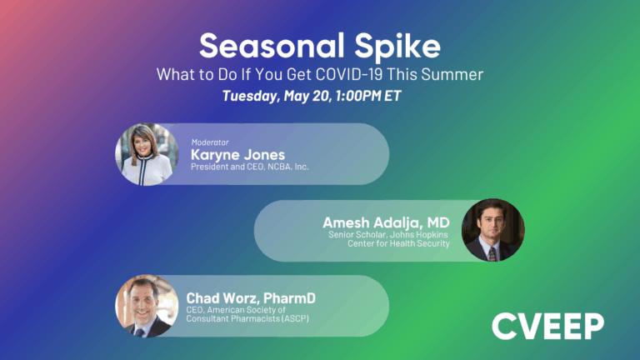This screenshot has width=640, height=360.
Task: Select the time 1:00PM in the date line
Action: click(367, 96)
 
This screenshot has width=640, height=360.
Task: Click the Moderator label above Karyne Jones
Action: click(210, 142)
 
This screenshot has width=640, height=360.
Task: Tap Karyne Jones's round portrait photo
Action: click(147, 154)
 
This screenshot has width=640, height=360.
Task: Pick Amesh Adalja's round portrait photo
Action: click(492, 230)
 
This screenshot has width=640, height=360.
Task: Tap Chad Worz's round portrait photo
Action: click(147, 306)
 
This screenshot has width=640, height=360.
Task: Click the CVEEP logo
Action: click(547, 326)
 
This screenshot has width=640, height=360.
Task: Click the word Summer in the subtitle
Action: click(455, 73)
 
